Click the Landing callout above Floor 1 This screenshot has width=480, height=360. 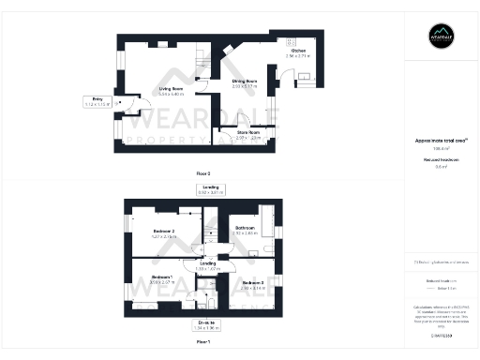tap(210, 190)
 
